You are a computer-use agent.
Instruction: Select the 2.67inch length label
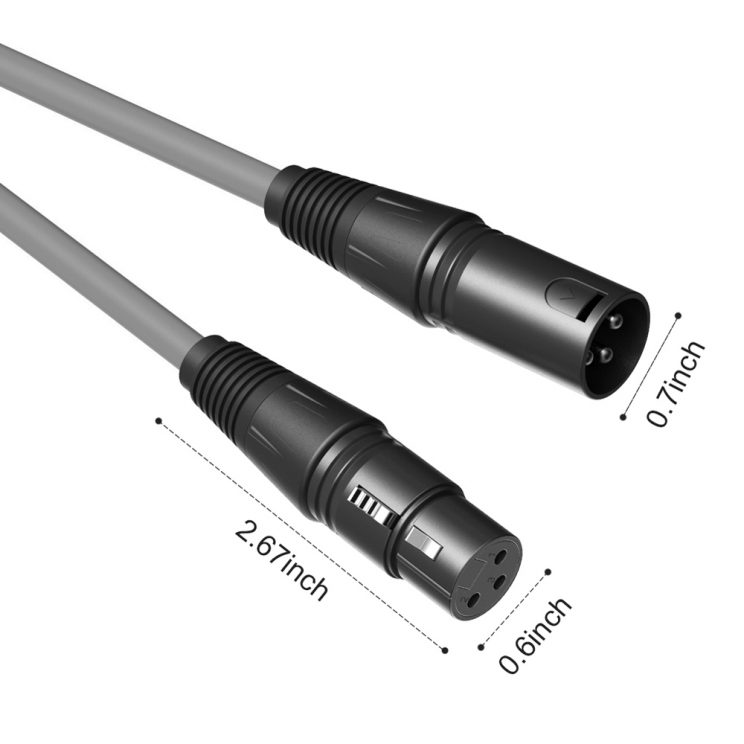(281, 560)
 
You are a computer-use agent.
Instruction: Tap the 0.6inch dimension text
(535, 635)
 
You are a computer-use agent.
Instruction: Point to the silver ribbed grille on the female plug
(372, 506)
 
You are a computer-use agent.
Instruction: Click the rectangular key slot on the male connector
(591, 306)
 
